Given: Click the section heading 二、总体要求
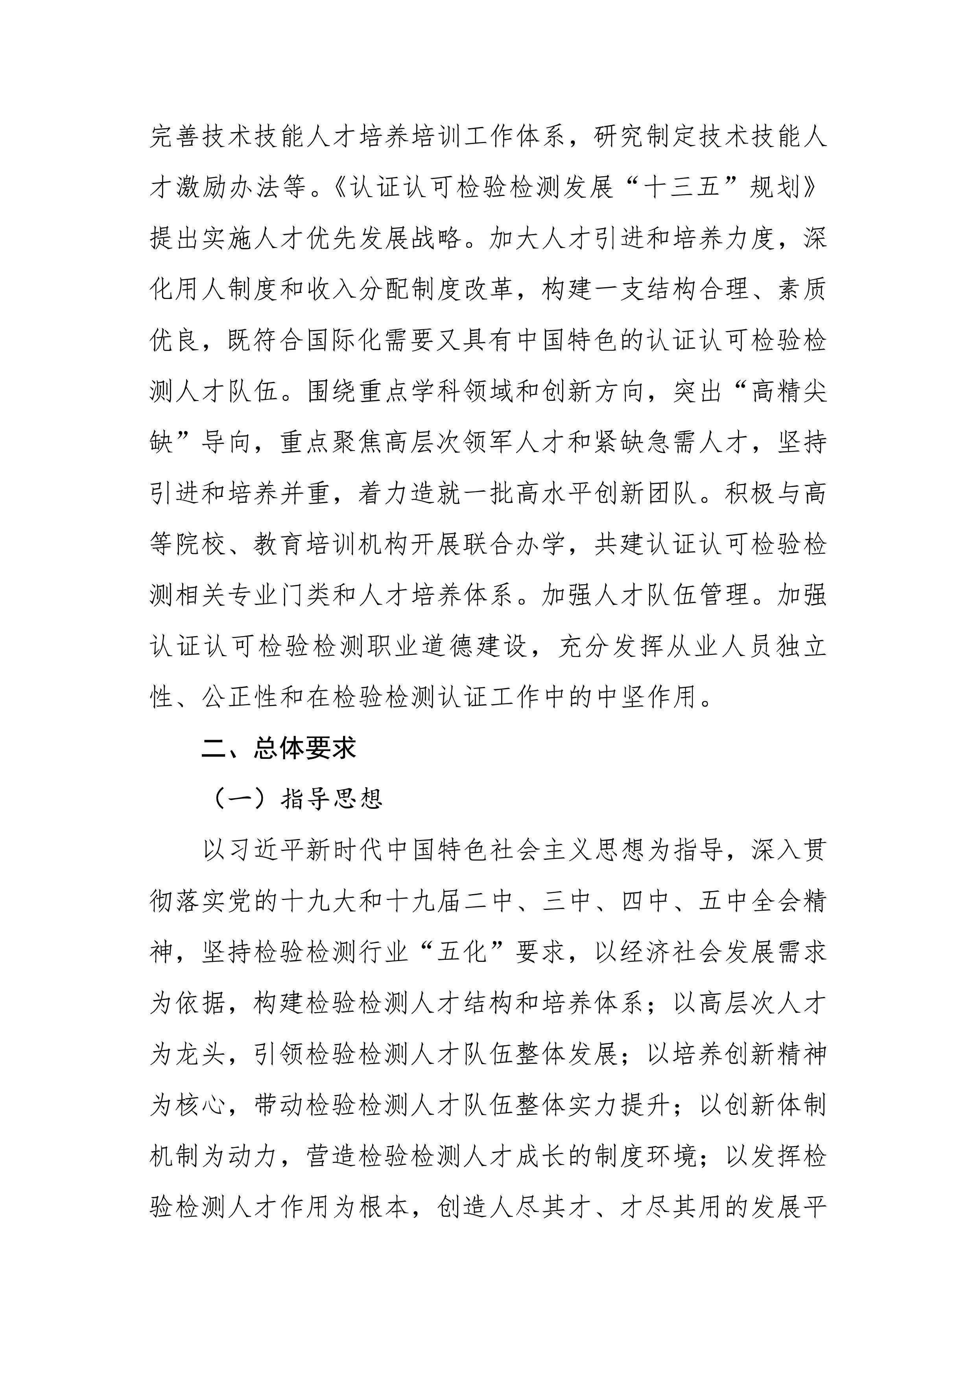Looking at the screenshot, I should click(279, 748).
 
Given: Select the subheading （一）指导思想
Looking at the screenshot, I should click(299, 799).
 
